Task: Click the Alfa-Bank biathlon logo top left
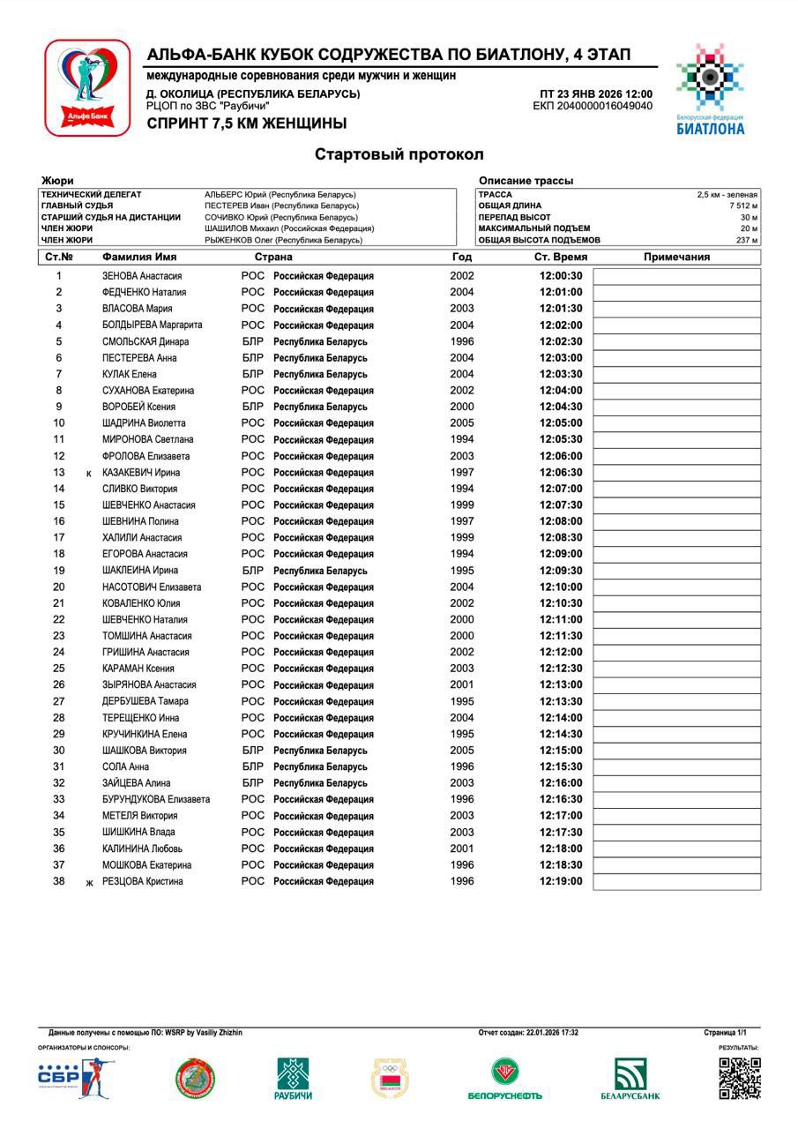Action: point(87,88)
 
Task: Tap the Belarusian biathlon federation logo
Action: point(710,88)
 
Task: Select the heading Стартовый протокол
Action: point(399,154)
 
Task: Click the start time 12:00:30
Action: point(561,276)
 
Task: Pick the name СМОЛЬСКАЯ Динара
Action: point(145,341)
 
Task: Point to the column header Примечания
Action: point(676,258)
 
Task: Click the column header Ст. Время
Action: point(561,258)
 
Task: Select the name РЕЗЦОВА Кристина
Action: point(143,881)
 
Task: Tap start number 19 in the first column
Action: point(59,571)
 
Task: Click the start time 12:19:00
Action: point(561,881)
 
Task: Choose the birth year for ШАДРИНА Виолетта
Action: point(462,423)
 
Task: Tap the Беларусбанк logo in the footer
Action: point(630,1079)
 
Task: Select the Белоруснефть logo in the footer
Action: point(504,1079)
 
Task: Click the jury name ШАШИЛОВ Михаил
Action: point(289,228)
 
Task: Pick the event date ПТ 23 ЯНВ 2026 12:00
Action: point(596,94)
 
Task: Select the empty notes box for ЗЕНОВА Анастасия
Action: point(676,276)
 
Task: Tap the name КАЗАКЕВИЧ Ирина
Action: point(141,473)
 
